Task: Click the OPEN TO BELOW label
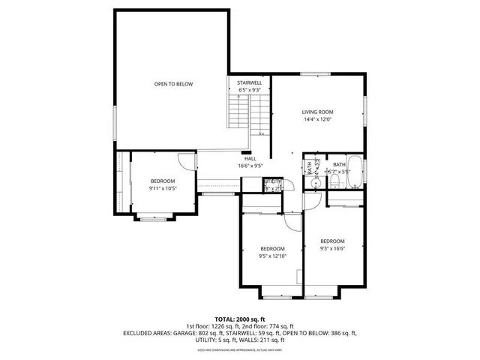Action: click(x=173, y=84)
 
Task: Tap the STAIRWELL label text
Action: click(x=249, y=82)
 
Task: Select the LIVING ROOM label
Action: click(x=317, y=112)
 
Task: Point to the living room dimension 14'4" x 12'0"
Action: click(x=317, y=119)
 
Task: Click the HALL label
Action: click(x=249, y=158)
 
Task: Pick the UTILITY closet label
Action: click(x=271, y=181)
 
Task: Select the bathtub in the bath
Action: click(x=355, y=173)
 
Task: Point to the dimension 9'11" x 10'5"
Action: click(x=162, y=188)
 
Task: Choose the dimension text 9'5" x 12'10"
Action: click(x=272, y=256)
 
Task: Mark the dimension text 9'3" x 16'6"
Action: click(x=332, y=248)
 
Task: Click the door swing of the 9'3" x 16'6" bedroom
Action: click(x=311, y=201)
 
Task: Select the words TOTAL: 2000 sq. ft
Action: click(x=240, y=319)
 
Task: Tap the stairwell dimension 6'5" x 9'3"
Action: click(x=249, y=90)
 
